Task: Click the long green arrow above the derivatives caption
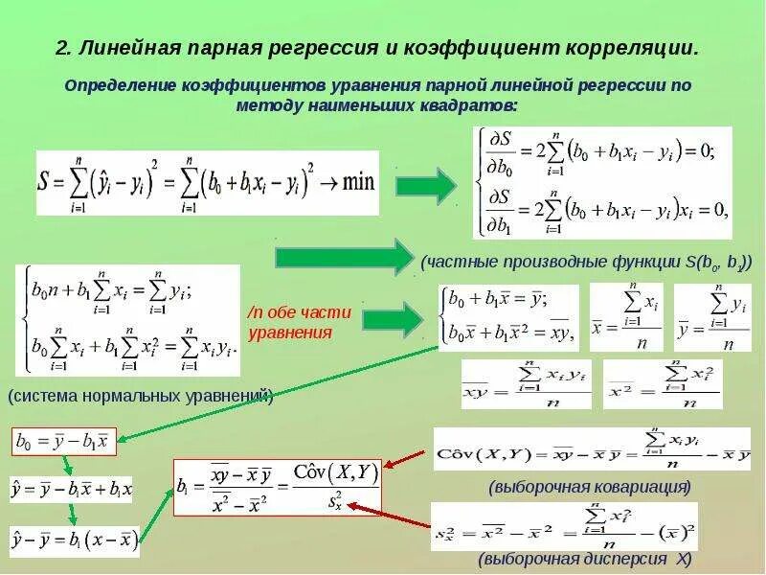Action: [x=343, y=258]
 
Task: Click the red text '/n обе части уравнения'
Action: [x=299, y=323]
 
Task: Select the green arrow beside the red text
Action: [x=392, y=319]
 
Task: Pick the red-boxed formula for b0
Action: [x=64, y=443]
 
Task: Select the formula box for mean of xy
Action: [x=527, y=383]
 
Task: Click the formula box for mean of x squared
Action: [x=663, y=383]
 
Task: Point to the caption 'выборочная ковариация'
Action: [x=589, y=487]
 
